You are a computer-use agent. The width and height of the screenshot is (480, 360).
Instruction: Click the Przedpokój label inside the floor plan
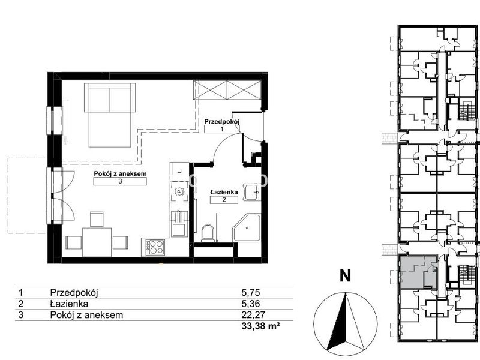click(x=221, y=122)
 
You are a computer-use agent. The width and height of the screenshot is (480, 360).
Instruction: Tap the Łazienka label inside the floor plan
click(x=224, y=192)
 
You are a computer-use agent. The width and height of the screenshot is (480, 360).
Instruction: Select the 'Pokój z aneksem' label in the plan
click(x=120, y=173)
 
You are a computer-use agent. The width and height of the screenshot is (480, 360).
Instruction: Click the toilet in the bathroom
click(x=209, y=233)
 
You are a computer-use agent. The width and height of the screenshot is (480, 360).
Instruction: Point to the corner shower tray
click(x=247, y=229)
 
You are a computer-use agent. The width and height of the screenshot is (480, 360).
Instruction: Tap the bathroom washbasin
click(x=252, y=193)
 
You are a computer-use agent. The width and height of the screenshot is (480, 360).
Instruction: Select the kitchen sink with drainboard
click(x=178, y=223)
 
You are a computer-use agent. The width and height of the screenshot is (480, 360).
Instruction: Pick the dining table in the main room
click(x=97, y=242)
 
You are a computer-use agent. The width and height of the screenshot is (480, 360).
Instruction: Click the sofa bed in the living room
click(x=109, y=115)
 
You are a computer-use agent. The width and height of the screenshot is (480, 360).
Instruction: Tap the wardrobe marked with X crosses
click(x=227, y=89)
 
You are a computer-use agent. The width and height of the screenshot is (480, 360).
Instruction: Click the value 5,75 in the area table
click(x=251, y=293)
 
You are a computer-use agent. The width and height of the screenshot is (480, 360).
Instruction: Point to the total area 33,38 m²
click(x=260, y=326)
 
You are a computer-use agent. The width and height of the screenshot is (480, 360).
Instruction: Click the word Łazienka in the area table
click(x=69, y=304)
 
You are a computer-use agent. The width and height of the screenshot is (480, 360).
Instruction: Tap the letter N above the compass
click(x=346, y=276)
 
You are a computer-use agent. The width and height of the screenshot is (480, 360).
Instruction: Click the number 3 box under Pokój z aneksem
click(x=120, y=181)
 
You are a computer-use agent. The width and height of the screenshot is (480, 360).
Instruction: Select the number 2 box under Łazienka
click(x=224, y=200)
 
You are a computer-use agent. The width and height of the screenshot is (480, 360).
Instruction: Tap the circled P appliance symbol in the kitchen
click(x=178, y=191)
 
